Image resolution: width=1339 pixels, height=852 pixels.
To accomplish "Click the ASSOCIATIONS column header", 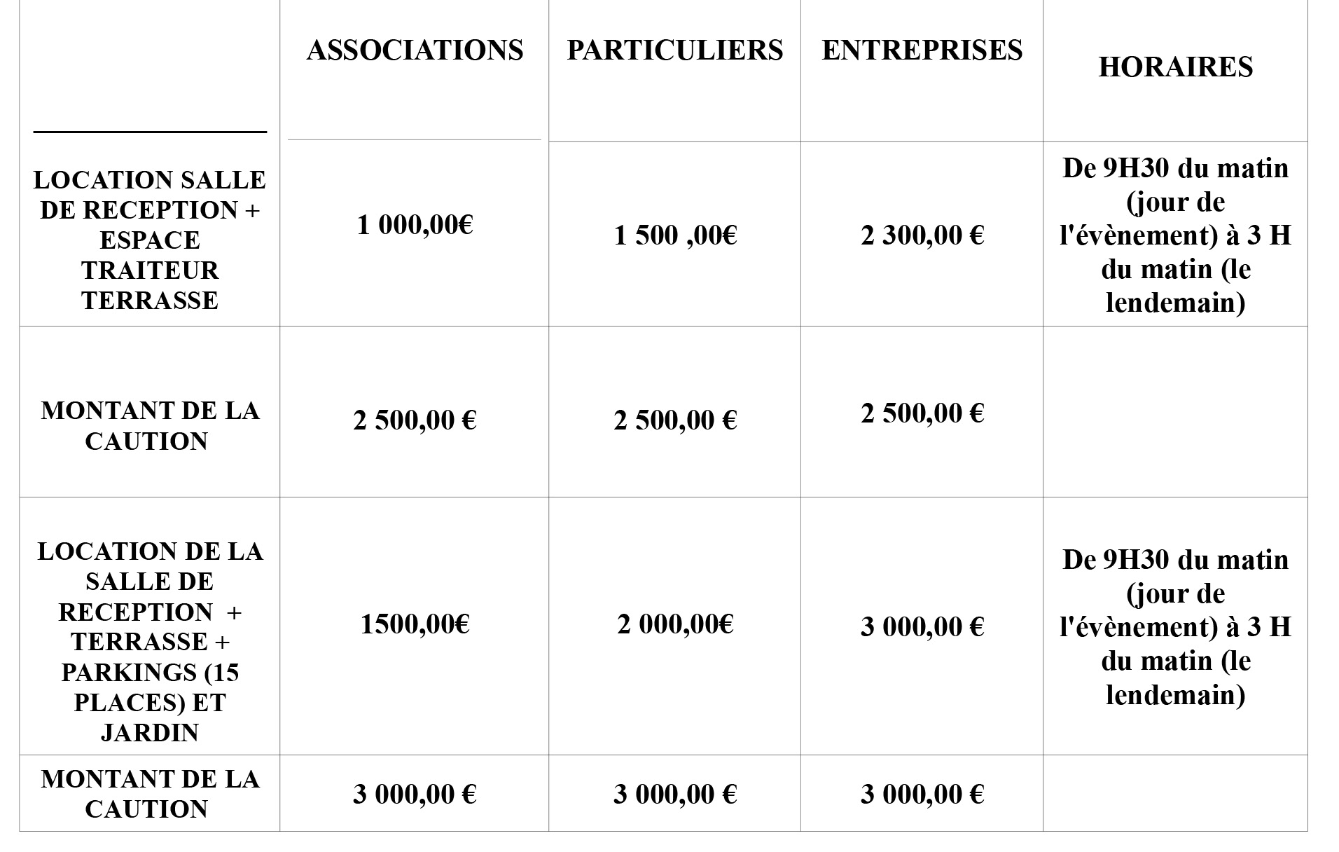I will [x=415, y=50].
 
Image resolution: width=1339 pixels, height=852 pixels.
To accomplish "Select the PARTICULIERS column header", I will [x=674, y=50].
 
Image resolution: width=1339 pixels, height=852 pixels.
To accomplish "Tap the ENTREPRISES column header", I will [x=922, y=50].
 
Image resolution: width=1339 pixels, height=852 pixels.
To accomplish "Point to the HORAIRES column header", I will [x=1175, y=67].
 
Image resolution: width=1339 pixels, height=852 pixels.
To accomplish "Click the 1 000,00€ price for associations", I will [x=415, y=225].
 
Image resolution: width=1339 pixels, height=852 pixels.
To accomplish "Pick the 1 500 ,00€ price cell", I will [x=675, y=235].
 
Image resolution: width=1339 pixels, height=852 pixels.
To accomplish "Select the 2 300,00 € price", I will [x=922, y=235].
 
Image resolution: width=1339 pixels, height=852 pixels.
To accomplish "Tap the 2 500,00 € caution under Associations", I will [x=415, y=420].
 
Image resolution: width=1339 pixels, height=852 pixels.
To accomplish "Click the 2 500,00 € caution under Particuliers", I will [x=675, y=420].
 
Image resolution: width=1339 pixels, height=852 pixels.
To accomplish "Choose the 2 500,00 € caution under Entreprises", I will [x=922, y=413].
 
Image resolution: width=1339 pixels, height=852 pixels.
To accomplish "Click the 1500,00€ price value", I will [x=415, y=624].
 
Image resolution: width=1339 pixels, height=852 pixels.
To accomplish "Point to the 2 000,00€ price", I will [x=675, y=624].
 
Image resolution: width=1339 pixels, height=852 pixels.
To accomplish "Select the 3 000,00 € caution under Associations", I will [x=415, y=794].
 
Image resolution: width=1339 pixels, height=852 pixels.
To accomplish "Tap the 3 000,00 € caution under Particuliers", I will [x=675, y=794].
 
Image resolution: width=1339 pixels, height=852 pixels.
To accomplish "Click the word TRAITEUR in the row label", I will [x=150, y=270].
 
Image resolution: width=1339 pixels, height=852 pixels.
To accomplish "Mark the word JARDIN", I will [x=150, y=733].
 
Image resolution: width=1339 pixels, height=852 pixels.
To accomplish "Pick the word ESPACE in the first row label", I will [x=150, y=240].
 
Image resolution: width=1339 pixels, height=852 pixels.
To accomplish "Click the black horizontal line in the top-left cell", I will [x=150, y=131].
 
